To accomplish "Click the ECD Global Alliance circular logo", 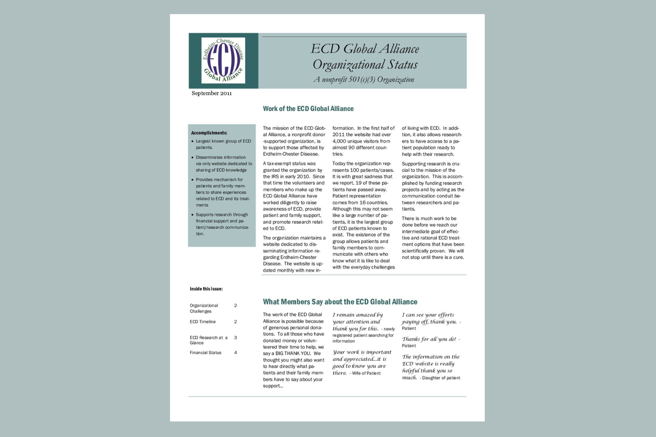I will [223, 60].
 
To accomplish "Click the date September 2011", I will [211, 93].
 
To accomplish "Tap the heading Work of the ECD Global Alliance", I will [308, 109].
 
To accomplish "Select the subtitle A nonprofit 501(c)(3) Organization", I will [364, 79].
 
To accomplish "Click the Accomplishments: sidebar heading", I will [209, 133].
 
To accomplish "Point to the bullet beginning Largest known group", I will [223, 144].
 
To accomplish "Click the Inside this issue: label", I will [206, 289].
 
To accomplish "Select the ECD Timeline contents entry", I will [203, 322].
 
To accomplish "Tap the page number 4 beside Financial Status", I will [235, 353].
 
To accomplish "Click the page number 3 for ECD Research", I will [235, 338].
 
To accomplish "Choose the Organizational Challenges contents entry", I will [204, 308].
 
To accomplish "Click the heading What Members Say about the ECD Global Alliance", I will [340, 302].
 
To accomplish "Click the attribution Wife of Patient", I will [366, 373].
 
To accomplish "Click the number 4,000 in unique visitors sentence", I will [339, 141].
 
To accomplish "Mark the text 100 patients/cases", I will [369, 170].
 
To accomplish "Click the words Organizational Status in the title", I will [365, 64].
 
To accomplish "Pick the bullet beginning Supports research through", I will [222, 224].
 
